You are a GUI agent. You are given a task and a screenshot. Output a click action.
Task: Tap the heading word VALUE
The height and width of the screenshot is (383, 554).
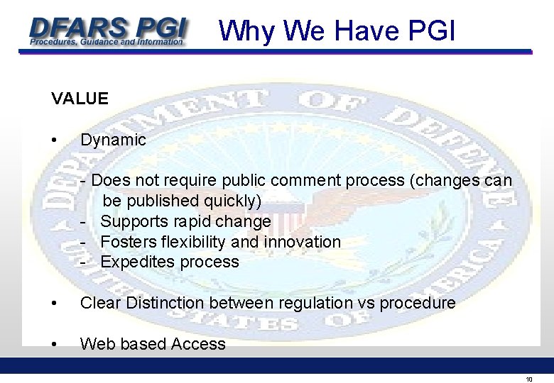pyautogui.click(x=80, y=99)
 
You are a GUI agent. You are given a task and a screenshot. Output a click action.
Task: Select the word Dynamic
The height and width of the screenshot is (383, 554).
pyautogui.click(x=113, y=140)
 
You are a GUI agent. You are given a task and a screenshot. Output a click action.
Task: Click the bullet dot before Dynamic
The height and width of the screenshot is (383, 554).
pyautogui.click(x=55, y=140)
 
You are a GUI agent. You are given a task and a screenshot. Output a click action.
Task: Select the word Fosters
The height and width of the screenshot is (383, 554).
pyautogui.click(x=126, y=242)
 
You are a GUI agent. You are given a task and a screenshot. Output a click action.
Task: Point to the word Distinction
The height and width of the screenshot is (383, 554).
pyautogui.click(x=165, y=303)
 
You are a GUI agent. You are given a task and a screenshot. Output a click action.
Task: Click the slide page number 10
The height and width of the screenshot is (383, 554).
pyautogui.click(x=528, y=379)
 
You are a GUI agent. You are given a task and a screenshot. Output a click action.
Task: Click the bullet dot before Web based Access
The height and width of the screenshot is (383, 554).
pyautogui.click(x=55, y=344)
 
